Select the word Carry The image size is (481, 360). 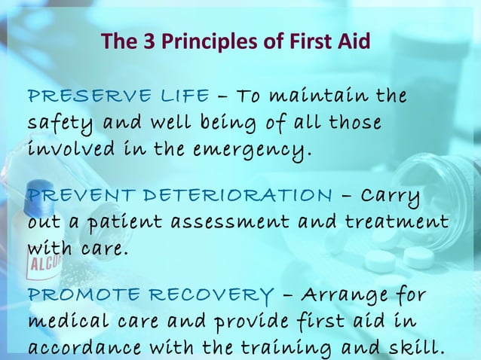pyautogui.click(x=392, y=196)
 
